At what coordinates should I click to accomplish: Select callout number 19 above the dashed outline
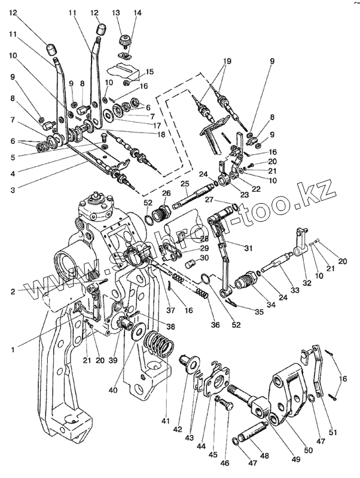(x=227, y=61)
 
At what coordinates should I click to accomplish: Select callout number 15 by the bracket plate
(x=150, y=71)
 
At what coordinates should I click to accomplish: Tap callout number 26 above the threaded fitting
(x=166, y=193)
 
